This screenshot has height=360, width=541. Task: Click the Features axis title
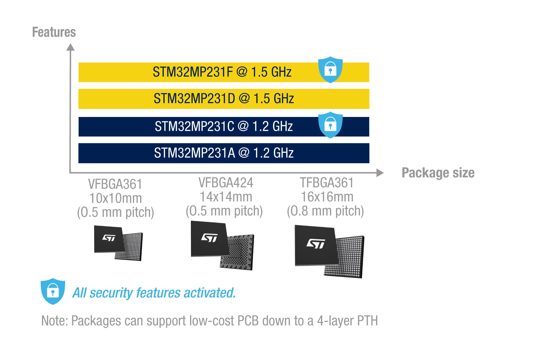pyautogui.click(x=54, y=32)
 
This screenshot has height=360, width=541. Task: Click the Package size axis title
pyautogui.click(x=438, y=173)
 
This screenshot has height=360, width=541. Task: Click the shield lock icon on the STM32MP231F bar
pyautogui.click(x=331, y=70)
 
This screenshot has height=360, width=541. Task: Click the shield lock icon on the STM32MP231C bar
pyautogui.click(x=331, y=125)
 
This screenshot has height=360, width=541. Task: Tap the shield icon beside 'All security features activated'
pyautogui.click(x=53, y=291)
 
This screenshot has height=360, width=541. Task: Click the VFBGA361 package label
pyautogui.click(x=115, y=184)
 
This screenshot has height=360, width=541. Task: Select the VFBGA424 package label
pyautogui.click(x=226, y=183)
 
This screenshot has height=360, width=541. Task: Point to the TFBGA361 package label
pyautogui.click(x=327, y=183)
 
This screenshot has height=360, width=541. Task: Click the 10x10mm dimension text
pyautogui.click(x=115, y=198)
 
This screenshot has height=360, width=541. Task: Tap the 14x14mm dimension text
pyautogui.click(x=226, y=197)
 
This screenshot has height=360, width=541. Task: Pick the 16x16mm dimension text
pyautogui.click(x=327, y=197)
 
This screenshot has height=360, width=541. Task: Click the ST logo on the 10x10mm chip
pyautogui.click(x=109, y=238)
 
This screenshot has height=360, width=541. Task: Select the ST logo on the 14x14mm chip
pyautogui.click(x=209, y=238)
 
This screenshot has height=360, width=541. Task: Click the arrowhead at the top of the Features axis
pyautogui.click(x=70, y=47)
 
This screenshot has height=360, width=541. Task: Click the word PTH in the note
pyautogui.click(x=367, y=321)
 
